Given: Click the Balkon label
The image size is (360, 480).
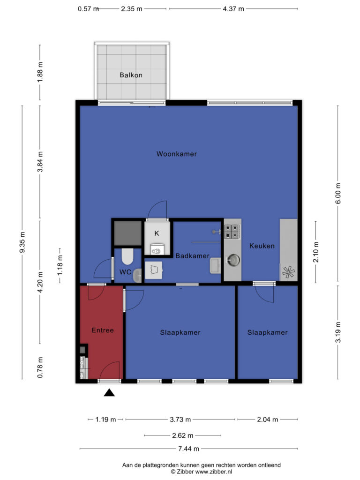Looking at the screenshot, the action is (x=131, y=75).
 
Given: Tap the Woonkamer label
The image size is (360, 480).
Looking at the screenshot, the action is (x=177, y=154).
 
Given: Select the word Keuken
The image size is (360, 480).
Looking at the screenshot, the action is (x=262, y=246).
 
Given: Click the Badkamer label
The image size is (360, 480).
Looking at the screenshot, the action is (x=192, y=256).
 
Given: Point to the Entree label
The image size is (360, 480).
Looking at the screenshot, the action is (x=103, y=330).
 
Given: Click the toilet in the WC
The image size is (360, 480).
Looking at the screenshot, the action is (x=127, y=256).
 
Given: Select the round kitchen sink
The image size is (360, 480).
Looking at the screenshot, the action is (x=233, y=261).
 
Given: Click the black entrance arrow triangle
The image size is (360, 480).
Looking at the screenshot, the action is (x=109, y=393).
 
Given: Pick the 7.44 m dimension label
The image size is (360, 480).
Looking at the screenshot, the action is (x=188, y=449).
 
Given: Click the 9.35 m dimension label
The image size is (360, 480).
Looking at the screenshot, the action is (x=22, y=242).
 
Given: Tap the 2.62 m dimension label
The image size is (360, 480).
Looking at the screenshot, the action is (x=182, y=435).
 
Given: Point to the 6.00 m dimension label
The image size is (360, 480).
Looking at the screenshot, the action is (x=338, y=194).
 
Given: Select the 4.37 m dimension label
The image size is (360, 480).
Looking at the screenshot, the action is (x=233, y=9).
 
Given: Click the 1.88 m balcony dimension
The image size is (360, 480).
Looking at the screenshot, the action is (x=40, y=72).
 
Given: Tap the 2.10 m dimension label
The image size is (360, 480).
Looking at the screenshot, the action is (x=316, y=252).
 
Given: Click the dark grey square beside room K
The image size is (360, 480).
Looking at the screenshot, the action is (x=127, y=233).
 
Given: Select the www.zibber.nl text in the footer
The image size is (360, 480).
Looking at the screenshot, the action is (x=214, y=472).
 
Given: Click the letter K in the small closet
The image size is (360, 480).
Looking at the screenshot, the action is (x=157, y=233).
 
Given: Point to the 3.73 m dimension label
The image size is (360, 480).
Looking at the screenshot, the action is (x=180, y=420).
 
